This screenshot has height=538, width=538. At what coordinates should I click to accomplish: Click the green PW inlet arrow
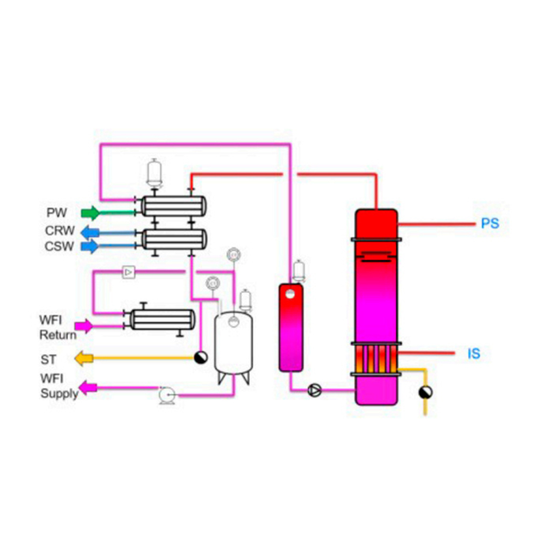tap(90, 213)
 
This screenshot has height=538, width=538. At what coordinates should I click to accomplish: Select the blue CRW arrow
tap(90, 232)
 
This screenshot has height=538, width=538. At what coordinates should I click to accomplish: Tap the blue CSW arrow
tap(90, 247)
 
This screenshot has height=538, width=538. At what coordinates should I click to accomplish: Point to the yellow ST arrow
tap(83, 358)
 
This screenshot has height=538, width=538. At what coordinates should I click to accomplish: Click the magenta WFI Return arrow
tap(83, 325)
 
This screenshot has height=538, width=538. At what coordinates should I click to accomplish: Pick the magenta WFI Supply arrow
tap(88, 387)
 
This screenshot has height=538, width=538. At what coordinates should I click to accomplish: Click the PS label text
tap(490, 223)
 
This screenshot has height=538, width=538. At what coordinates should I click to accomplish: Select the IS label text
tap(473, 353)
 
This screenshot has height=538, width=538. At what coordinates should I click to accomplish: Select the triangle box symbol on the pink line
tap(129, 272)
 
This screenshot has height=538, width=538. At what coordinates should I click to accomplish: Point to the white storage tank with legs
tap(234, 344)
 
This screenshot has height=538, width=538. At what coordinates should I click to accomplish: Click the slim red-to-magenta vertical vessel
tap(291, 328)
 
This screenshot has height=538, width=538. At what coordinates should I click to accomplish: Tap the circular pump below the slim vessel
tap(315, 390)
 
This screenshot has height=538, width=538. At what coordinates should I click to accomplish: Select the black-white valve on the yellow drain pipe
tap(426, 392)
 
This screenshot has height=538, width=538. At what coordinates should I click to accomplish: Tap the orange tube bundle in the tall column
tap(376, 358)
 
